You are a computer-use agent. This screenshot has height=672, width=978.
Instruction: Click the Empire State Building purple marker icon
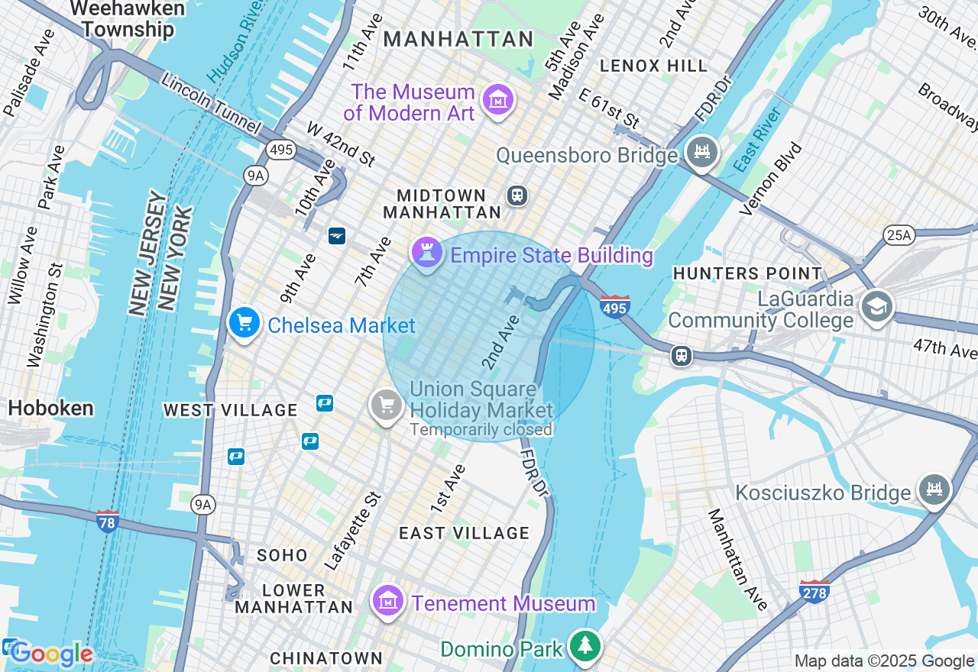pyautogui.click(x=426, y=253)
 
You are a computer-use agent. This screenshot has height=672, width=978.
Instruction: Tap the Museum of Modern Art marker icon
pyautogui.click(x=498, y=100)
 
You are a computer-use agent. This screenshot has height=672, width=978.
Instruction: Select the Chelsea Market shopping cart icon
pyautogui.click(x=244, y=324)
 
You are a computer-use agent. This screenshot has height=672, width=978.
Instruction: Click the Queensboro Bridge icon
pyautogui.click(x=701, y=152)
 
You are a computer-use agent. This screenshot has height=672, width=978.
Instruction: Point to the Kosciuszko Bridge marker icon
pyautogui.click(x=934, y=489)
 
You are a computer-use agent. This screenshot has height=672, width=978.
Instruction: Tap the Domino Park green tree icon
pyautogui.click(x=585, y=647)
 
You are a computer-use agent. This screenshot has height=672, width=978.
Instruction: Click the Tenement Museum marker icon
pyautogui.click(x=388, y=601)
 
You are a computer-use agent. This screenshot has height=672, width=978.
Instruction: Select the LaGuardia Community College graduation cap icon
pyautogui.click(x=876, y=307)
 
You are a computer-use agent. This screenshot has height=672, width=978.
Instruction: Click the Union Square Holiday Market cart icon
pyautogui.click(x=387, y=405)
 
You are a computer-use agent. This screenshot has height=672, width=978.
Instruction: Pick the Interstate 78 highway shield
pyautogui.click(x=108, y=522)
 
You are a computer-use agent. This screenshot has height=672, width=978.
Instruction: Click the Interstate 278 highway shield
pyautogui.click(x=814, y=591)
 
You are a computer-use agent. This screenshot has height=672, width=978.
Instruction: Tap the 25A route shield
pyautogui.click(x=898, y=235)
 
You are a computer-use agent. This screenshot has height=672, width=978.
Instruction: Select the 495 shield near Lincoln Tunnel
pyautogui.click(x=281, y=150)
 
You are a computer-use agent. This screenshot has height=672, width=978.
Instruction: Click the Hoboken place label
pyautogui.click(x=50, y=408)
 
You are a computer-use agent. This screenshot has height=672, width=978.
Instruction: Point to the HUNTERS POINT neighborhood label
pyautogui.click(x=747, y=273)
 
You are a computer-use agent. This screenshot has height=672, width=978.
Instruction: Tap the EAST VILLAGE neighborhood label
pyautogui.click(x=464, y=533)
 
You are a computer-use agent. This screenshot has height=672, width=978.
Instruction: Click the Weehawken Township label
pyautogui.click(x=128, y=19)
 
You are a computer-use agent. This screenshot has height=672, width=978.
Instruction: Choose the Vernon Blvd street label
pyautogui.click(x=772, y=178)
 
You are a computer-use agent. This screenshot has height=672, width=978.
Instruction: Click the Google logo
pyautogui.click(x=51, y=654)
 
